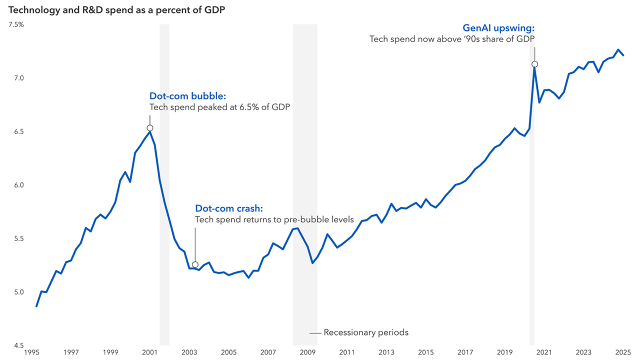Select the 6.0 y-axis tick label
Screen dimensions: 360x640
click(18, 185)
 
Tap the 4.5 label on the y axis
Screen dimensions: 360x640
click(18, 345)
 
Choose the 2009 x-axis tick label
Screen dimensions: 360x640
click(307, 352)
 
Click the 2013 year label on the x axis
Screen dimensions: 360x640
click(386, 352)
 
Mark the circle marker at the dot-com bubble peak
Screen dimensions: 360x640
click(149, 128)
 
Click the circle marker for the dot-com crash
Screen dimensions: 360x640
click(195, 264)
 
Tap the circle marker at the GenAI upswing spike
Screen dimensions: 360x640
click(534, 64)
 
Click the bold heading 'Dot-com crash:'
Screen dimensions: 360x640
click(228, 208)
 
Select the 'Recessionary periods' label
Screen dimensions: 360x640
click(365, 332)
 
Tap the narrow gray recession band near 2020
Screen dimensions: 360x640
click(532, 200)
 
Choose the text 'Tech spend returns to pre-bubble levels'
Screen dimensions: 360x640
click(274, 219)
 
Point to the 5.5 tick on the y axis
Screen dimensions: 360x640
click(18, 238)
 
